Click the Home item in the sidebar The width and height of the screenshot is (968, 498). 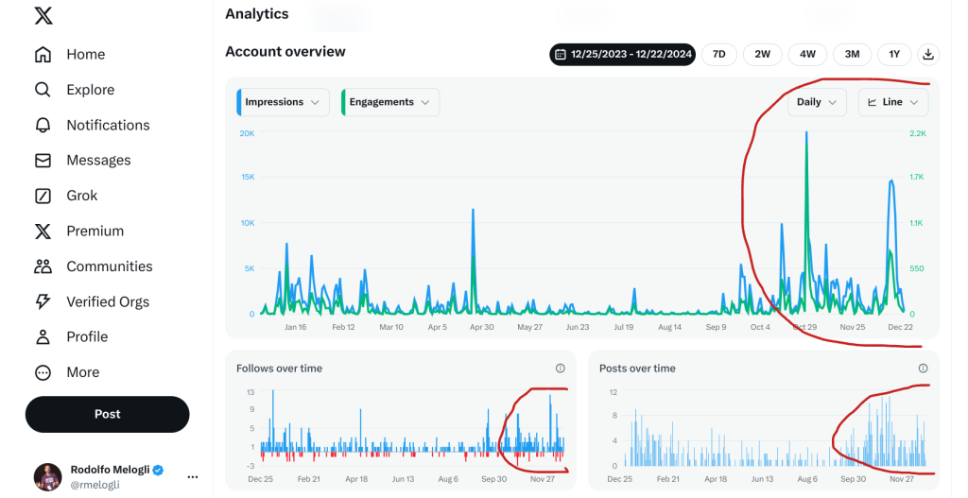coord(70,54)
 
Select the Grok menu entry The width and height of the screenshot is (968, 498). coord(66,196)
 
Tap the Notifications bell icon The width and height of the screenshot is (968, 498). coord(43,126)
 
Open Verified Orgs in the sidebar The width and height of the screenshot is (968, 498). coord(92,301)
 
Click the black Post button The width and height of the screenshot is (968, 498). coord(108,414)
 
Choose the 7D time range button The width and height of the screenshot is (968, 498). coord(719,54)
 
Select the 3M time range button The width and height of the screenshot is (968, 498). coord(852,54)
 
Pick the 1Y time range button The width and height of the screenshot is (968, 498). coord(894,54)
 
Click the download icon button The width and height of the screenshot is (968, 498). coord(928,54)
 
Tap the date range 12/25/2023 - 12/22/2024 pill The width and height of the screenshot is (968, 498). coord(623,54)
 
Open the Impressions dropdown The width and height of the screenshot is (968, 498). coord(283,102)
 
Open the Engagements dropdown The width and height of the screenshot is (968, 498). coord(390,102)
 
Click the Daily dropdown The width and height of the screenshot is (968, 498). coord(817,102)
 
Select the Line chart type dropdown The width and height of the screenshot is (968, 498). coord(893,102)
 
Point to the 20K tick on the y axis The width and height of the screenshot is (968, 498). coord(247,133)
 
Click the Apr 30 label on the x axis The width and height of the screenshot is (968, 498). coord(481,327)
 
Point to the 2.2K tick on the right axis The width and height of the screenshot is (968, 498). coord(917,133)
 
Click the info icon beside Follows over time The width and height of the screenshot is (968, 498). coord(560,369)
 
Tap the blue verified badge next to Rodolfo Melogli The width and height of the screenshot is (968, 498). coord(158,471)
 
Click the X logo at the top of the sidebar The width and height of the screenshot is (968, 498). coord(43,16)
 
